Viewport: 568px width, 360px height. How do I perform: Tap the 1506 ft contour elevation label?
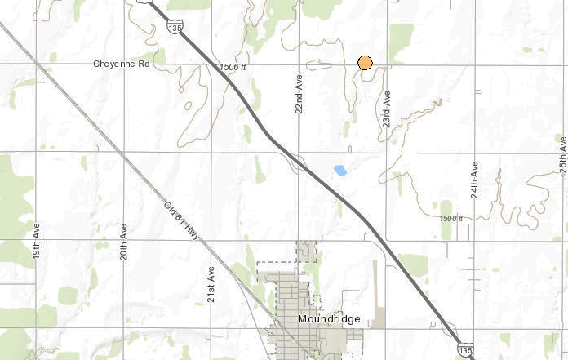click(233, 67)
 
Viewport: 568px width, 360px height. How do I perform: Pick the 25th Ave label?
click(563, 154)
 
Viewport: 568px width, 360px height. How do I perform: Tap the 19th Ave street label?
click(36, 239)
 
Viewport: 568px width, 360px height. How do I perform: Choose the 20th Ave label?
click(124, 242)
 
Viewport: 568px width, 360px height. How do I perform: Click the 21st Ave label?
click(211, 284)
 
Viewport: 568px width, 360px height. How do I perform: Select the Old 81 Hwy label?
click(181, 220)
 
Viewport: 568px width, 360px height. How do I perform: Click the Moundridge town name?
click(329, 318)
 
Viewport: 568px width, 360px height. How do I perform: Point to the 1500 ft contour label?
click(450, 219)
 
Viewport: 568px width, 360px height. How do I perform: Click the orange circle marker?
click(365, 62)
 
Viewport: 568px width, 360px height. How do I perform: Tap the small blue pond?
click(340, 171)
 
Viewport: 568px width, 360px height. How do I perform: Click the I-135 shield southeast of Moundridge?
click(464, 349)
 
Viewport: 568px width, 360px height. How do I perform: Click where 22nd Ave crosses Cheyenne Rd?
click(299, 64)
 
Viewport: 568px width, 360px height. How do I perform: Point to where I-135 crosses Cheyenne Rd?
click(209, 64)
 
